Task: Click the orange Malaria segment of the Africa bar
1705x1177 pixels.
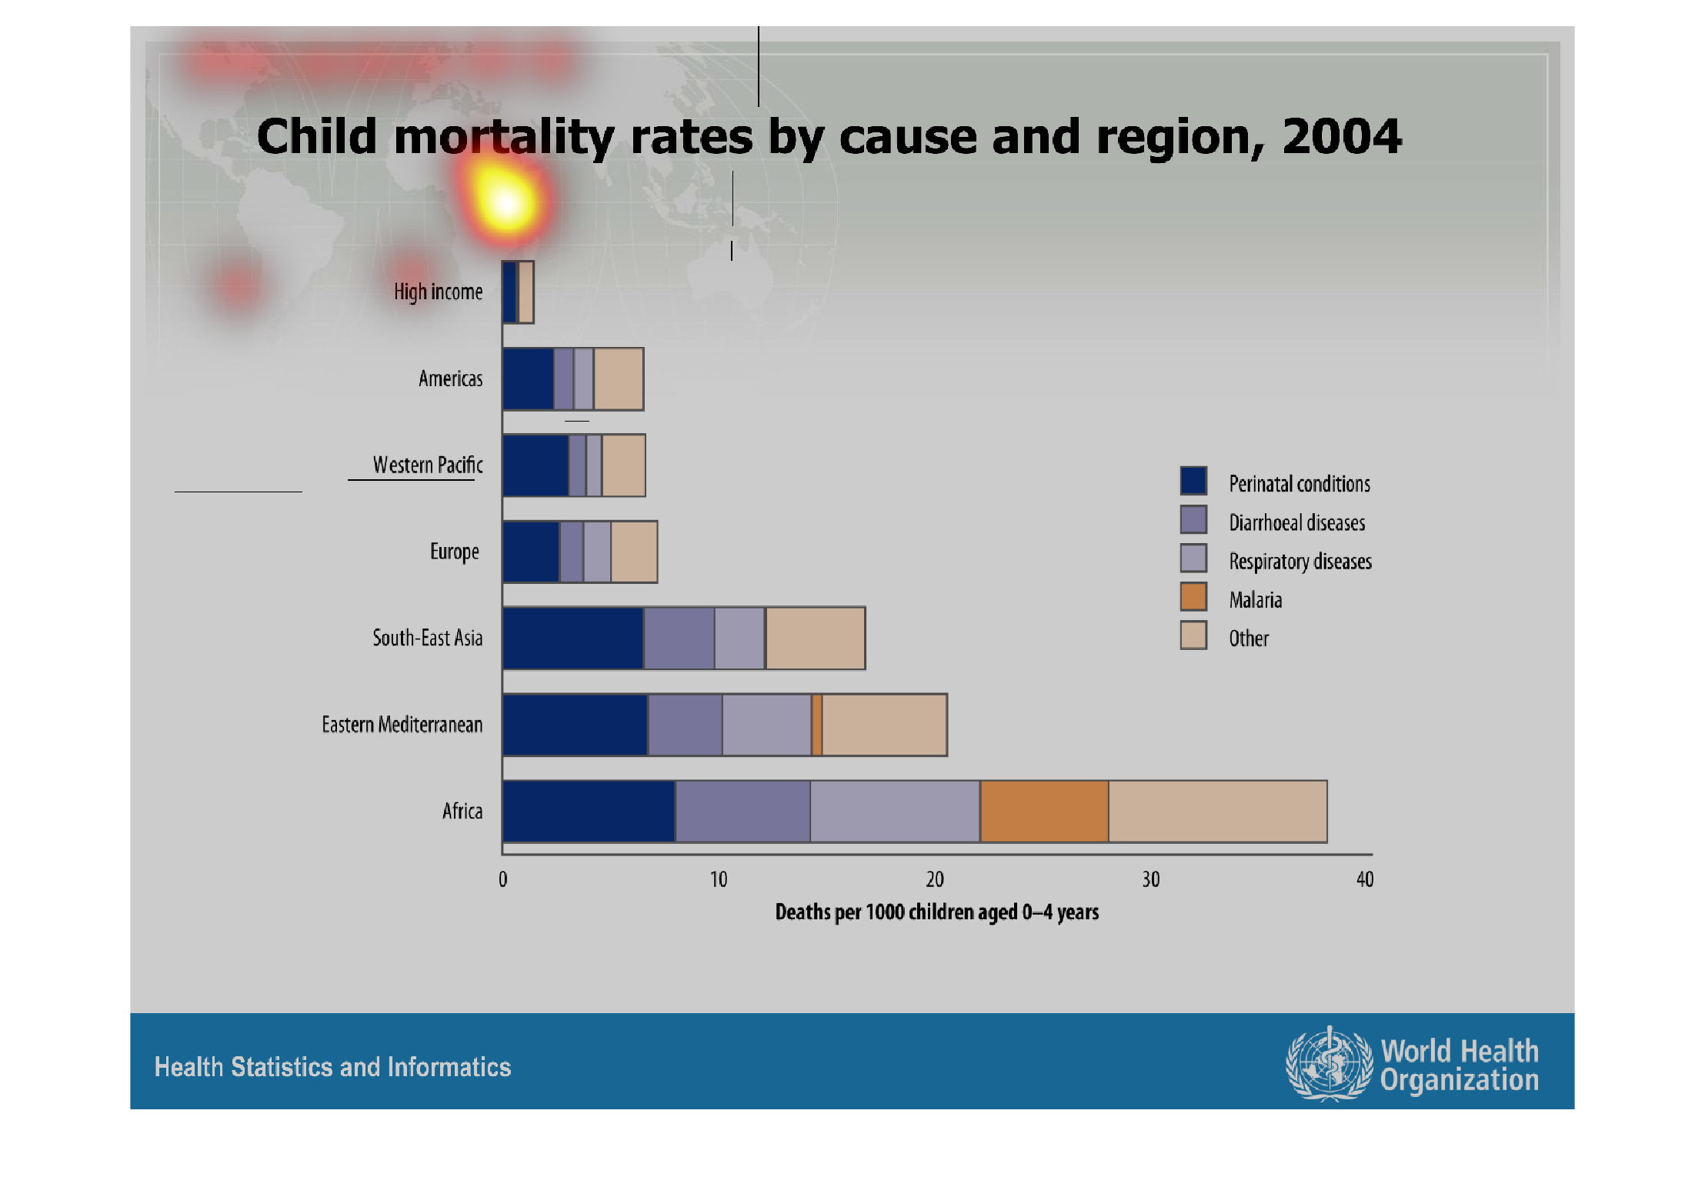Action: coord(1044,812)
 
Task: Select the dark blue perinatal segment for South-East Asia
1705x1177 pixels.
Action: coord(573,638)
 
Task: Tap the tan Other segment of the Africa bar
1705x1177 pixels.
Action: coord(1217,812)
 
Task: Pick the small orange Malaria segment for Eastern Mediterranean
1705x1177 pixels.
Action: coord(817,725)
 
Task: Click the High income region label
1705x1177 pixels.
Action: coord(438,292)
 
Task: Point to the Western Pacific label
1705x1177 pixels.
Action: coord(428,465)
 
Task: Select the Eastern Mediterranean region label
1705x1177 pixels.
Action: coord(402,725)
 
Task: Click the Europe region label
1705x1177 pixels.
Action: coord(454,552)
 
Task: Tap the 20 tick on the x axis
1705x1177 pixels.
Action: coord(934,879)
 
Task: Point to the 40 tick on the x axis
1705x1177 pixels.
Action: coord(1365,879)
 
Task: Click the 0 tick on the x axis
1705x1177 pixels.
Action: coord(503,879)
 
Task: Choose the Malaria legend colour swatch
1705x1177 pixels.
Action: coord(1193,597)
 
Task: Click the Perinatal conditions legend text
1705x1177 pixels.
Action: coord(1299,484)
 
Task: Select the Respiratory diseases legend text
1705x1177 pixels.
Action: coord(1300,562)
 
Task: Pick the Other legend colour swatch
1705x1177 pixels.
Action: coord(1193,636)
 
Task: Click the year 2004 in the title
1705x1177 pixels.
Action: coord(1341,137)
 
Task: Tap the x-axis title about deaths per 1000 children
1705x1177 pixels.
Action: coord(936,912)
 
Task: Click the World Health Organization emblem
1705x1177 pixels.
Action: coord(1329,1064)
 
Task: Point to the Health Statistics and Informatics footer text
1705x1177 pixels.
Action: coord(332,1067)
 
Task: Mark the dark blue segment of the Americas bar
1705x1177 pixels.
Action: coord(529,379)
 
